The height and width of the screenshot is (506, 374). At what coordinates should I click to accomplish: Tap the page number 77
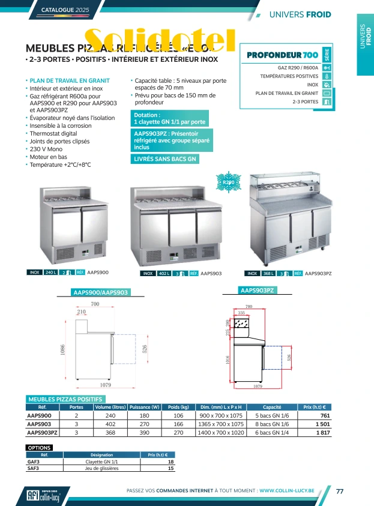[x=339, y=491]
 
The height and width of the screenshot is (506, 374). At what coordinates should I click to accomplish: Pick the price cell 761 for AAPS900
[x=325, y=415]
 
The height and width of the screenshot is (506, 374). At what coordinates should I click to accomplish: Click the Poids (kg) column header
[x=178, y=407]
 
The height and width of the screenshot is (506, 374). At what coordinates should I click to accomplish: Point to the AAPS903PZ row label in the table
[x=43, y=432]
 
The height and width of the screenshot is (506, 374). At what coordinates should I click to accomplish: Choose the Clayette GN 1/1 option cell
[x=101, y=462]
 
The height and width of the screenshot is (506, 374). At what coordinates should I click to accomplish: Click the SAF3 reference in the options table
[x=34, y=468]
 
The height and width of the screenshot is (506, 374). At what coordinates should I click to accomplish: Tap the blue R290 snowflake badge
[x=229, y=182]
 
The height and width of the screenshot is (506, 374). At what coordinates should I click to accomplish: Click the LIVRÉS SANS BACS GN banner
[x=165, y=159]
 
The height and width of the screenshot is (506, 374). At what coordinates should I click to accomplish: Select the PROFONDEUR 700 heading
[x=283, y=56]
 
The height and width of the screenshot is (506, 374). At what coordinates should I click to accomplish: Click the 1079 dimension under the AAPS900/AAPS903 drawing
[x=104, y=384]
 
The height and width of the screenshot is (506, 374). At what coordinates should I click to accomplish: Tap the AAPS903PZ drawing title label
[x=258, y=291]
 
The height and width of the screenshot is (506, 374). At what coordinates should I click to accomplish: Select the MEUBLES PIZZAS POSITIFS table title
[x=66, y=399]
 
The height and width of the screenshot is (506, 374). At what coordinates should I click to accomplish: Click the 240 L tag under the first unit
[x=51, y=273]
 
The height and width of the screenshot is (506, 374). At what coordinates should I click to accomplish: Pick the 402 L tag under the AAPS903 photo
[x=163, y=273]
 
